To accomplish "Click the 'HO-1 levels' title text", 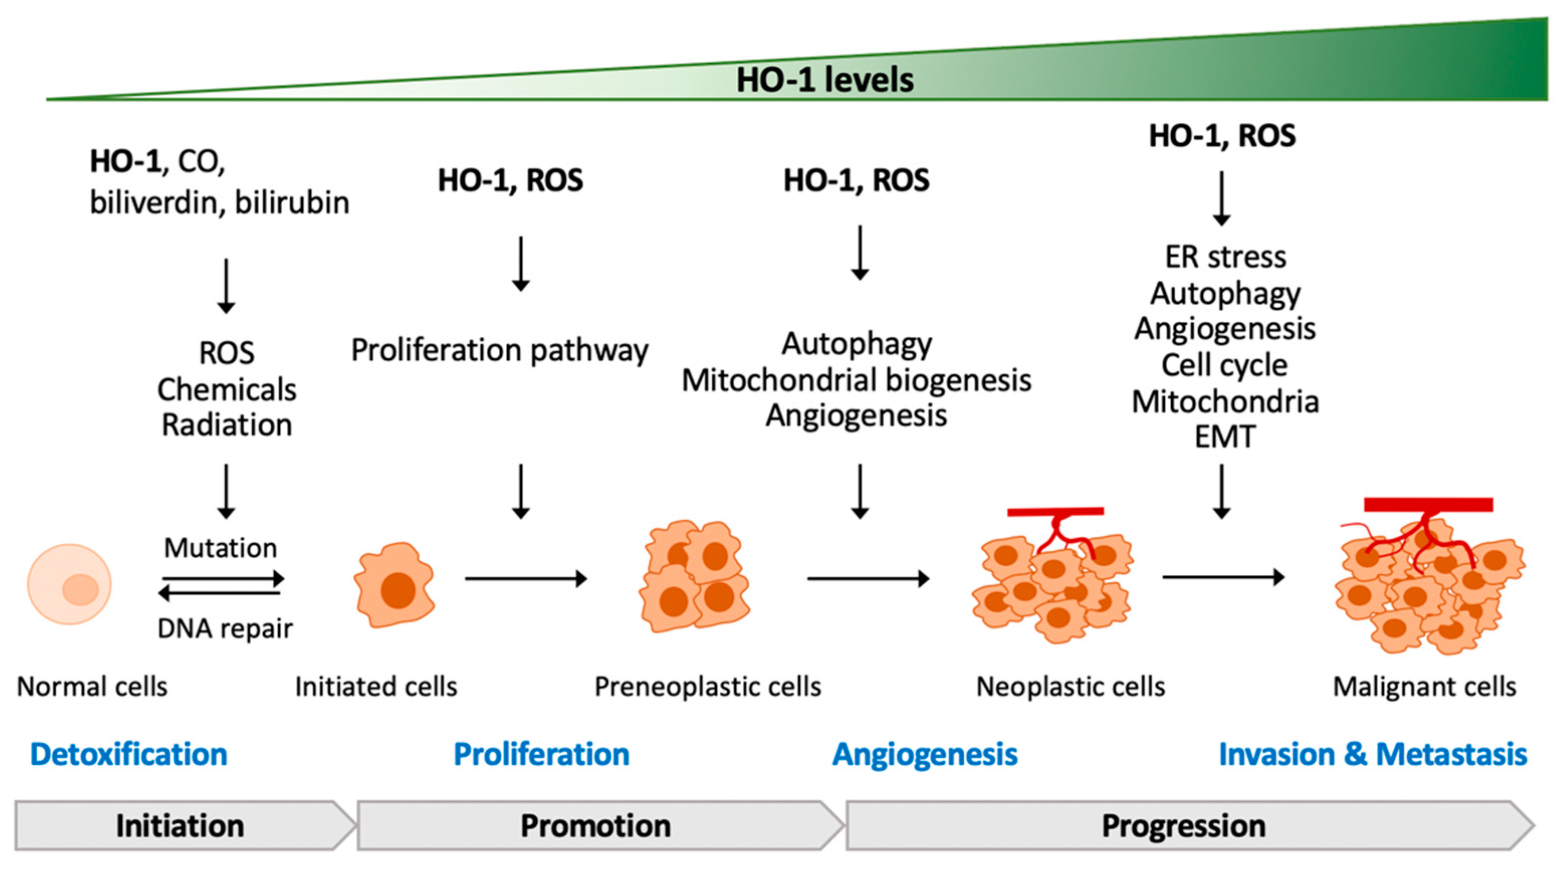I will point(824,80).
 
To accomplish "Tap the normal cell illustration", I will point(69,584).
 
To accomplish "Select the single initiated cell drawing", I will point(394,585).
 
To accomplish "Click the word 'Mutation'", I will point(220,548).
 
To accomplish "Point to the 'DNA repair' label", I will point(225,628).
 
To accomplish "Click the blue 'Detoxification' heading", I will point(129,754).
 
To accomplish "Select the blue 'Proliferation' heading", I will point(541,754).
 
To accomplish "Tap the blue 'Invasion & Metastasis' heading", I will point(1372,754).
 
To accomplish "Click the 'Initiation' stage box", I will point(181,826).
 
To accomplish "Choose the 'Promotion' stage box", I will point(596,826).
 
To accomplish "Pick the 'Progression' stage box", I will point(1183,826).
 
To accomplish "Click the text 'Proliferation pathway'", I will point(499,350).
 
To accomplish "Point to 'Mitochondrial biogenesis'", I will point(856,381).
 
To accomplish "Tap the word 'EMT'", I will point(1224,437).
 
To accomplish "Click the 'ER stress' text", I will point(1225,257).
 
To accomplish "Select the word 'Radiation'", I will point(227,424).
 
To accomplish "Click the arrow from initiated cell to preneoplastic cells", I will point(525,578).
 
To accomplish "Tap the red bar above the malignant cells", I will point(1428,505).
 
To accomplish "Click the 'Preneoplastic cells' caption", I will point(708,686).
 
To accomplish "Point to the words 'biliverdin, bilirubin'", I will point(219,202).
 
